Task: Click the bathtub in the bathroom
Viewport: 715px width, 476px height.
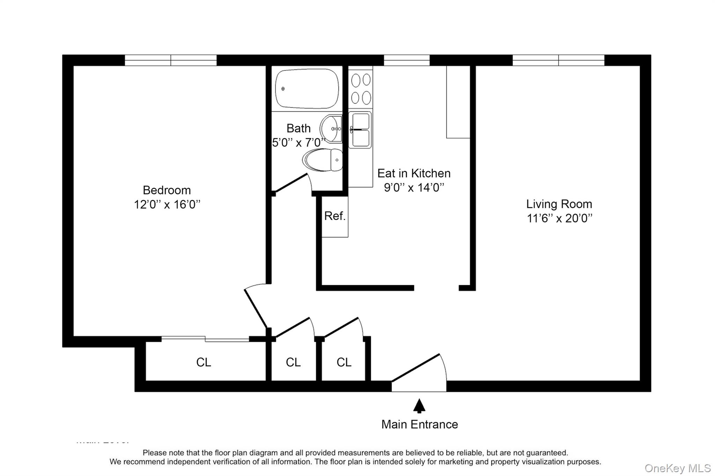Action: click(x=307, y=89)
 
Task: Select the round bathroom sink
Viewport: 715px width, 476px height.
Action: click(x=330, y=129)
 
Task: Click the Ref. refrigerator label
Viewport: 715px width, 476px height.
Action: click(x=335, y=216)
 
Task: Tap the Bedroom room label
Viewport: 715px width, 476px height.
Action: click(x=167, y=190)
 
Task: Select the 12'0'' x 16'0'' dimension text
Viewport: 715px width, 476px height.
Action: click(x=167, y=204)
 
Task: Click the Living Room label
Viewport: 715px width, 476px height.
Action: click(x=559, y=204)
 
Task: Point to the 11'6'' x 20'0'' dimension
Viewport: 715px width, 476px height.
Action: click(x=559, y=218)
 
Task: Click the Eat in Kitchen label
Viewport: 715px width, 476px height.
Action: click(x=414, y=173)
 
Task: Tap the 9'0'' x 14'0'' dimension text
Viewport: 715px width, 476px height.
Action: click(x=414, y=188)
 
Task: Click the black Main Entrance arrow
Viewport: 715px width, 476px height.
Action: click(x=419, y=406)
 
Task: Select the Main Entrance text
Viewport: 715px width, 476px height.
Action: click(x=419, y=424)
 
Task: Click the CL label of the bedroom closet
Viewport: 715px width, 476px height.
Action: click(x=204, y=362)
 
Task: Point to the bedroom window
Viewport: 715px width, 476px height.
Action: click(x=171, y=60)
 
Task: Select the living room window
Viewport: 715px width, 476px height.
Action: click(x=558, y=60)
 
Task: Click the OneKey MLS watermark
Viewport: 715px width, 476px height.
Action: click(x=677, y=468)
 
